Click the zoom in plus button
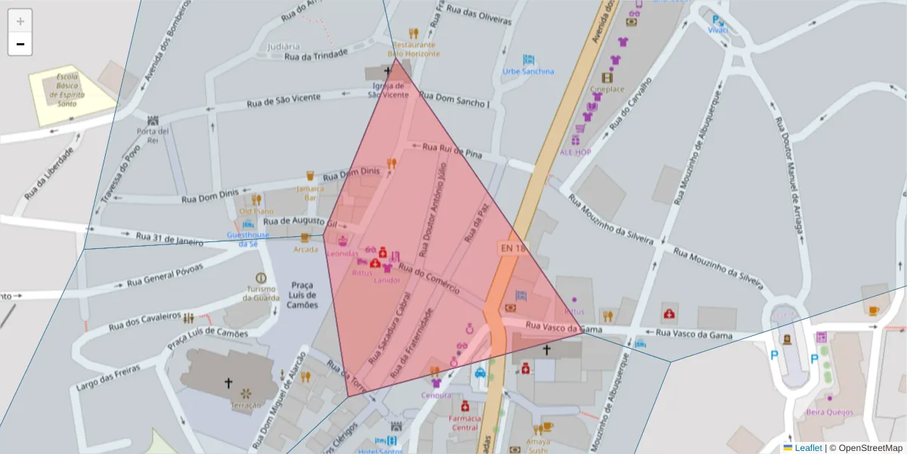[20, 20]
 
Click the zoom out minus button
[20, 44]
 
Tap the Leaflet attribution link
[808, 448]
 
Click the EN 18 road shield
[512, 248]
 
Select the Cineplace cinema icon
[607, 77]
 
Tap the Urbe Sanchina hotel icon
[528, 60]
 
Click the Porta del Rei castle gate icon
[153, 120]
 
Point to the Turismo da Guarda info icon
[261, 278]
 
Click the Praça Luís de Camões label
[302, 295]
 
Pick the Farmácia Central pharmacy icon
[465, 406]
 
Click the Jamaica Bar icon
[309, 176]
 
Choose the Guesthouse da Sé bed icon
[247, 225]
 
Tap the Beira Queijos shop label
[829, 412]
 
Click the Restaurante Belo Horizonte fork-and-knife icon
[413, 33]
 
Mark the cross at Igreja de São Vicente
[388, 71]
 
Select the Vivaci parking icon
[717, 20]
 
